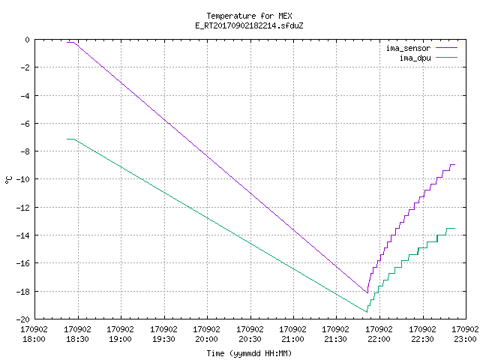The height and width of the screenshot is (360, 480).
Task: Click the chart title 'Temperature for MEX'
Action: point(249,16)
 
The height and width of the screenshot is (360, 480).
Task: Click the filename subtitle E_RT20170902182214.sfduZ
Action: point(249,25)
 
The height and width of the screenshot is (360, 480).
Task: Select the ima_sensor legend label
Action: point(408,48)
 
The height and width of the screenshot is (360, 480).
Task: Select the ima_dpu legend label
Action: point(415,58)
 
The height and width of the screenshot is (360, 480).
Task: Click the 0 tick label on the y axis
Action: point(28,40)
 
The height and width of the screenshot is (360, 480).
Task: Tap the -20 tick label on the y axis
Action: point(23,319)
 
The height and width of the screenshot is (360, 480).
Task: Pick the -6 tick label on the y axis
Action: point(25,124)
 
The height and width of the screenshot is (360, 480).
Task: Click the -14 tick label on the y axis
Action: point(23,235)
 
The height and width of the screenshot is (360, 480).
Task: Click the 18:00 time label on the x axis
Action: point(34,339)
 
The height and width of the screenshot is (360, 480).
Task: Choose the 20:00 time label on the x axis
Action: point(207,339)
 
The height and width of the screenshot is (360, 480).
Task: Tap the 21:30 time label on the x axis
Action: point(336,339)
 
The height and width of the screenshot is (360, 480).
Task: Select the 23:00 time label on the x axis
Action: point(465,339)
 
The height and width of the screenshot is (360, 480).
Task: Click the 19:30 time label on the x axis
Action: point(163,339)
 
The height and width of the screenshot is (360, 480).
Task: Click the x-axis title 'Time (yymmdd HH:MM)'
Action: point(249,353)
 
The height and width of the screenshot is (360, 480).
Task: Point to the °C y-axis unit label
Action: point(8,180)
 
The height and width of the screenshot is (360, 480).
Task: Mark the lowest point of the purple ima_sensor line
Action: point(367,293)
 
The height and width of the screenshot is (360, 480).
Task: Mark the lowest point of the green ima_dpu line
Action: point(367,312)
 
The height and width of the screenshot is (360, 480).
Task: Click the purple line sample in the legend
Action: point(446,48)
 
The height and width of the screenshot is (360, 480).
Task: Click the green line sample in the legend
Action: point(446,57)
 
